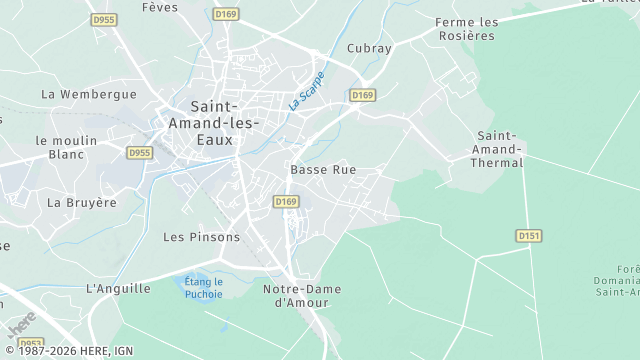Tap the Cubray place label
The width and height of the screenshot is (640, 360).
368,48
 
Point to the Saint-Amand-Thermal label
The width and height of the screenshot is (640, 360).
497,149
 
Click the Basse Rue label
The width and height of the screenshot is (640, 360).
323,170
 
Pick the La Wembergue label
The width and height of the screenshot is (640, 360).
88,94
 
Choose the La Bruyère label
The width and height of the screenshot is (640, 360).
82,202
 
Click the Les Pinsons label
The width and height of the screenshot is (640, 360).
201,237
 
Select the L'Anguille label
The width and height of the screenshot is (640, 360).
118,288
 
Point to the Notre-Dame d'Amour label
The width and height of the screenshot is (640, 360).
301,295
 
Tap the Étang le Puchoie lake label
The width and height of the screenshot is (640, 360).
203,287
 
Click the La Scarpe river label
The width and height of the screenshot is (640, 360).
307,90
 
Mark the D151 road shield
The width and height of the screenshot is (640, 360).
529,235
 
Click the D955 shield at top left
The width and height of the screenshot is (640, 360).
102,18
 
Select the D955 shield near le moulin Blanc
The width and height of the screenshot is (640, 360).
140,153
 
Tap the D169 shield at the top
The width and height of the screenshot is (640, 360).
226,14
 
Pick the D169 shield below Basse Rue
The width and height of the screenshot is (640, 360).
286,202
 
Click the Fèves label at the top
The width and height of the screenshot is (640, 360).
160,7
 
